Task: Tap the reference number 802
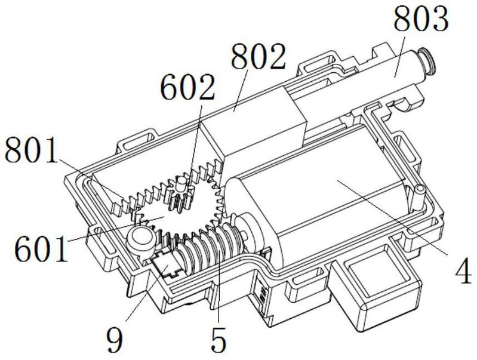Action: click(258, 56)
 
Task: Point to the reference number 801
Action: click(32, 150)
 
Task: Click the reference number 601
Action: click(41, 249)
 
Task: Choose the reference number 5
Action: click(219, 339)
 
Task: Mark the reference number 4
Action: click(464, 271)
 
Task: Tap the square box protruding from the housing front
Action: click(377, 286)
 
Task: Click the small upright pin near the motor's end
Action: click(418, 198)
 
